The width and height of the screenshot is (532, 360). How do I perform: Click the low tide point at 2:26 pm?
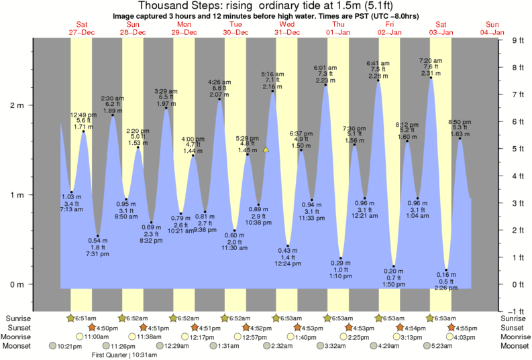pos(445,270)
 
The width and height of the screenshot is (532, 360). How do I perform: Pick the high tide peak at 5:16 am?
pos(272,91)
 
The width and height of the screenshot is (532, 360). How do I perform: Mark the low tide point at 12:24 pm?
pos(288,245)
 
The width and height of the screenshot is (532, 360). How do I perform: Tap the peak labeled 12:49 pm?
pos(83,131)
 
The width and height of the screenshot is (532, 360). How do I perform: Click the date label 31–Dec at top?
pos(287,32)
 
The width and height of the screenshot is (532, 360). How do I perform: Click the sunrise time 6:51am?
pos(85,318)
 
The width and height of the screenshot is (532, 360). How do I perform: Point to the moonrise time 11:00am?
pos(97,337)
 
